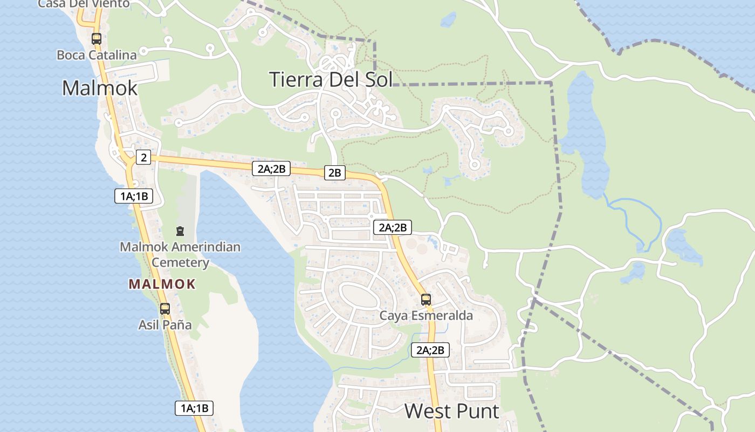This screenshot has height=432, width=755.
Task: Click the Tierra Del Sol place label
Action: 331,79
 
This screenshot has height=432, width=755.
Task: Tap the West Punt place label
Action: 452,411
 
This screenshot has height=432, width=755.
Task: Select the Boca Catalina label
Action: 97,55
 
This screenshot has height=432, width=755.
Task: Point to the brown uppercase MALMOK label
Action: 162,284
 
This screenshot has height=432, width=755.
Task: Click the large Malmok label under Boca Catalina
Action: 100,87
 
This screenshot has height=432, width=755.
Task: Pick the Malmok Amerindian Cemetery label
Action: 180,255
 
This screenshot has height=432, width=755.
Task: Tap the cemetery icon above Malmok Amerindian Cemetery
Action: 180,231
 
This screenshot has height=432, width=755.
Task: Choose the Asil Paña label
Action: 165,325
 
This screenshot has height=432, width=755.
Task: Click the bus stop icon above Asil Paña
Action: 165,309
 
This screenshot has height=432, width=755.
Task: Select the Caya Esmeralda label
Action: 426,315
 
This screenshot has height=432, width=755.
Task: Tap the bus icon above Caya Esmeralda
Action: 426,299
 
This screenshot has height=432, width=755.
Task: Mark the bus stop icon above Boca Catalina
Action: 97,39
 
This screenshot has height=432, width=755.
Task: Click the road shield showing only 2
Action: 143,157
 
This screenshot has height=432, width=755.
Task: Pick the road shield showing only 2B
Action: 335,173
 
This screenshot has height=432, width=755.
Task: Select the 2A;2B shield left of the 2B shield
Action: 271,168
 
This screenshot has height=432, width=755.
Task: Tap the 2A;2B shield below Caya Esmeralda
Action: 430,350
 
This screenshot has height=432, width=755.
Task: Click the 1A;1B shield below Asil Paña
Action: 194,408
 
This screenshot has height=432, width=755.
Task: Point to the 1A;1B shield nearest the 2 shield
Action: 134,196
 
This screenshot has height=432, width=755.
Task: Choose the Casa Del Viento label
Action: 84,4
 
